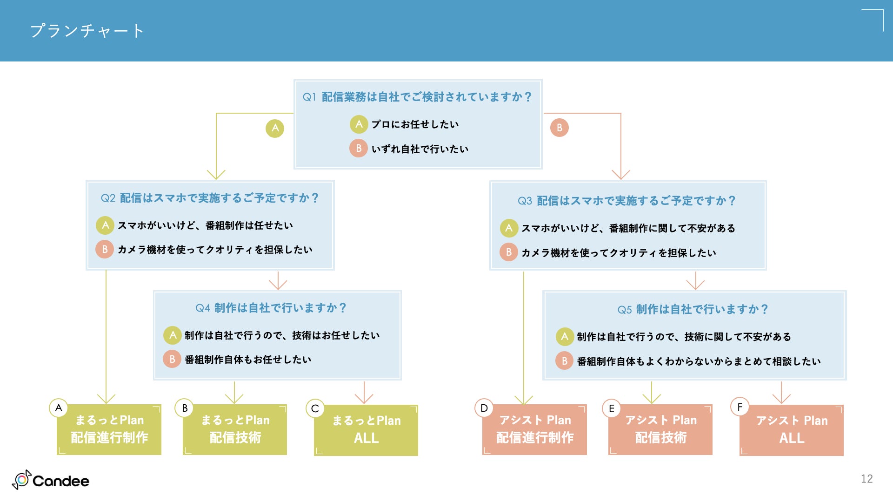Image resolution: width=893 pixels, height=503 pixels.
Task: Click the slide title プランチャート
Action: pos(87,31)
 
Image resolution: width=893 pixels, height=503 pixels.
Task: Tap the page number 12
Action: pos(866,479)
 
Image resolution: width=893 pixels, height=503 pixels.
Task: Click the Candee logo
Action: pos(51,480)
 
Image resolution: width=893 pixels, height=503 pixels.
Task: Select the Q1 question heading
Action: pos(417,97)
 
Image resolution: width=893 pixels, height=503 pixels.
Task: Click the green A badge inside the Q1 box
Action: pos(359,124)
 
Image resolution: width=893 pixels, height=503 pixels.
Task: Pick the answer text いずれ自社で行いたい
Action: pos(420,149)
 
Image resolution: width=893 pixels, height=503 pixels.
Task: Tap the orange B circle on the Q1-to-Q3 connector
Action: pos(559,128)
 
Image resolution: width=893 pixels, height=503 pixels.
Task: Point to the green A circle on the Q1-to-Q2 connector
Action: pos(275,128)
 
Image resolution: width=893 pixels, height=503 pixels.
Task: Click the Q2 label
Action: pos(108,198)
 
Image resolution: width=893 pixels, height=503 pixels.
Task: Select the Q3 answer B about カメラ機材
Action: pos(618,253)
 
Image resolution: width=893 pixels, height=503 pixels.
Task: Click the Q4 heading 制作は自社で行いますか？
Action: pos(280,308)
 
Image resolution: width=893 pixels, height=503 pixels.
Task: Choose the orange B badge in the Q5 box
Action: pos(564,361)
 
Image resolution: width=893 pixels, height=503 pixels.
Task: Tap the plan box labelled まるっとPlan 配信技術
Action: pos(235,429)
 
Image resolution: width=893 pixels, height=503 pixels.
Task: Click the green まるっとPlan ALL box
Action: pos(366,430)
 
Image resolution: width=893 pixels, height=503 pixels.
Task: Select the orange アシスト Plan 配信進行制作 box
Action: pos(534,429)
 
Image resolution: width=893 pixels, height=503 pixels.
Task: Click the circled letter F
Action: pos(740,407)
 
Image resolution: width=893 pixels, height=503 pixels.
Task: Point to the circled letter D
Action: pos(484,408)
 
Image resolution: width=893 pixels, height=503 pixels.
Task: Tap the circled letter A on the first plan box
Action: pos(59,408)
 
